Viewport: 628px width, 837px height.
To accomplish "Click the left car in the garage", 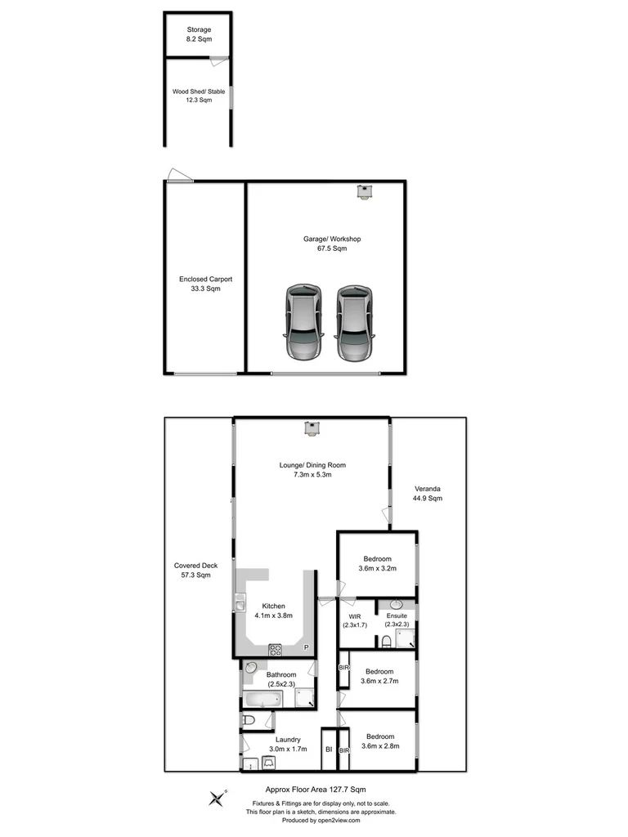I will (302, 323).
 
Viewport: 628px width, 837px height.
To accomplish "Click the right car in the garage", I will (355, 323).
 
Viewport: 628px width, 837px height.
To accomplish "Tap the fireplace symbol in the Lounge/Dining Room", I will (312, 427).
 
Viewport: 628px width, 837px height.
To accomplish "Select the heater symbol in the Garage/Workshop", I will (364, 191).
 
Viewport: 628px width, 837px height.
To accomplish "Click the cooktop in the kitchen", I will (276, 651).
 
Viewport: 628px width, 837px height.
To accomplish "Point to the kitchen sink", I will (240, 604).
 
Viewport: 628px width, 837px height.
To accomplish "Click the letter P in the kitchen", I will (307, 648).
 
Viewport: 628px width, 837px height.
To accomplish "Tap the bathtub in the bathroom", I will (262, 700).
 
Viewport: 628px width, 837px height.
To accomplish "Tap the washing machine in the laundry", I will (268, 762).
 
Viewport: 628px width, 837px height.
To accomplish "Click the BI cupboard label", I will (328, 750).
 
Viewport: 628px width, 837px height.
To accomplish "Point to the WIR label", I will (354, 616).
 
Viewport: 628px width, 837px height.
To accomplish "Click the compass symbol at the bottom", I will (218, 798).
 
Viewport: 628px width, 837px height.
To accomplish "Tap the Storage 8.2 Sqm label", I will (199, 34).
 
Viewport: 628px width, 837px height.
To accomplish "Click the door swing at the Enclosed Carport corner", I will (176, 174).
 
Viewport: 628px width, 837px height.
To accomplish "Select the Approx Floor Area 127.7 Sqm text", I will (315, 790).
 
